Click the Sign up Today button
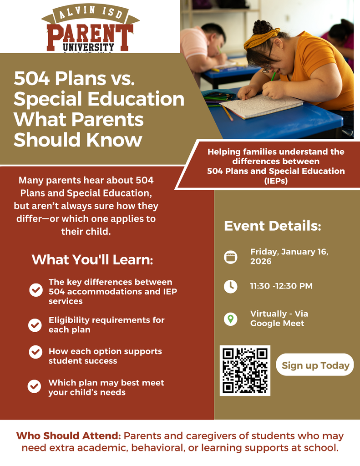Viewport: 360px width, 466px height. point(315,365)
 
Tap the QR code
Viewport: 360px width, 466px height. point(245,370)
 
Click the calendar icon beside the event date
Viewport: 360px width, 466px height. point(231,257)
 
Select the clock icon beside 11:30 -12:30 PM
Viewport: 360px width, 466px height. point(231,286)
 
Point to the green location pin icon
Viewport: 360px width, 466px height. point(231,319)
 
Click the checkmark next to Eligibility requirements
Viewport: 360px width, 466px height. point(35,325)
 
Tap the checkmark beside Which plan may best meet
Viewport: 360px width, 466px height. point(35,387)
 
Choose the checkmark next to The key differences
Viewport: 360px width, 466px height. point(35,289)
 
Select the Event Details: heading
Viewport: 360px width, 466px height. point(273,226)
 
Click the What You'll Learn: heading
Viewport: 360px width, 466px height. point(92,260)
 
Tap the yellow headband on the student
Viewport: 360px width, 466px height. point(261,39)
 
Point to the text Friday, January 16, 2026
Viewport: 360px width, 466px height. point(289,257)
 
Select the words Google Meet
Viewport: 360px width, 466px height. point(277,324)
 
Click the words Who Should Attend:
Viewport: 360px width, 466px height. point(68,436)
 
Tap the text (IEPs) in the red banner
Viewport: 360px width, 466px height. point(276,180)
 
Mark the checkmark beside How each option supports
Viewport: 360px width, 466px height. point(35,352)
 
